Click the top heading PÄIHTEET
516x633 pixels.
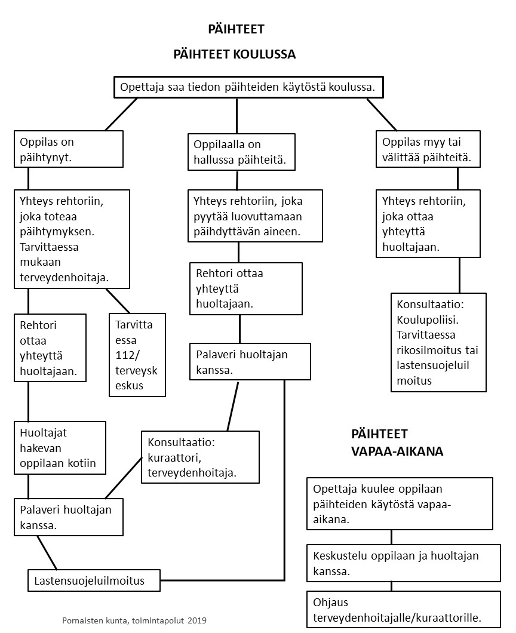coord(236,29)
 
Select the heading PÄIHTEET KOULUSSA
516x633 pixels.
coord(235,54)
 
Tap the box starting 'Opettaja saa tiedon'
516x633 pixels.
coord(248,87)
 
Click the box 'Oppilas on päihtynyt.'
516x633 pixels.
coord(69,149)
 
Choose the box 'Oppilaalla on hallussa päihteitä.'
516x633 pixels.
coord(241,152)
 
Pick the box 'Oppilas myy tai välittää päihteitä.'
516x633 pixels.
coord(430,150)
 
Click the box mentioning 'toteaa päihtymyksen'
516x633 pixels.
coord(72,239)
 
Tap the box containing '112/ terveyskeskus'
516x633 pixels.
coord(137,355)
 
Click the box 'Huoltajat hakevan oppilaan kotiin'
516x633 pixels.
coord(60,448)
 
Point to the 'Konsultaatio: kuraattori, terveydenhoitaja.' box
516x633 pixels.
coord(200,457)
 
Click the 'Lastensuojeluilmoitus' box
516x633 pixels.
coord(94,580)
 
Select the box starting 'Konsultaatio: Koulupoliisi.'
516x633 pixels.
coord(438,342)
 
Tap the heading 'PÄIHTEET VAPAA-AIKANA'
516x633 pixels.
coord(397,443)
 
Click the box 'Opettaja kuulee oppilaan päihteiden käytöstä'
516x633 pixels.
coord(400,504)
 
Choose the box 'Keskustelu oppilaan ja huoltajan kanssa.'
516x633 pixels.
coord(403,563)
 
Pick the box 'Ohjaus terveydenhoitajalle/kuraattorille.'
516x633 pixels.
coord(403,609)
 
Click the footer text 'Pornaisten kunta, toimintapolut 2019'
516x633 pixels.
coord(134,620)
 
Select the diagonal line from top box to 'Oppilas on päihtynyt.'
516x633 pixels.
coord(121,114)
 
